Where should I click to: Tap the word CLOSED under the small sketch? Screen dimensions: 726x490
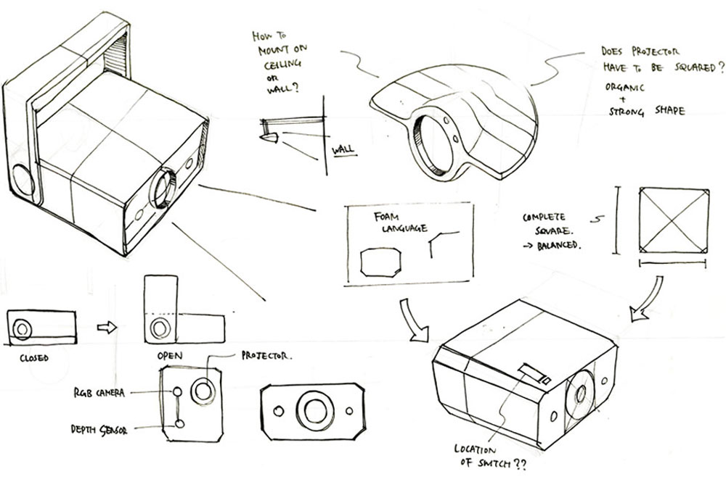click(34, 358)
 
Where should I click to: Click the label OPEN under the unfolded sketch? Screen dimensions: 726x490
click(169, 355)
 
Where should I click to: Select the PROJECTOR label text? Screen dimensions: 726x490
click(266, 355)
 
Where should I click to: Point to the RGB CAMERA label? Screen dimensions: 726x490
click(99, 393)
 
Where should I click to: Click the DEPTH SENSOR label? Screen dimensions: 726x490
click(99, 429)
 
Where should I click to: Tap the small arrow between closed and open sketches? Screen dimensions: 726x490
click(107, 328)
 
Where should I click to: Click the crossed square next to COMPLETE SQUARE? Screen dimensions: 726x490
click(674, 220)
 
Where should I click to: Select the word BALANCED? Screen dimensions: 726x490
click(558, 245)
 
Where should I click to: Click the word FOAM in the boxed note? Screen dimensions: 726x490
click(386, 217)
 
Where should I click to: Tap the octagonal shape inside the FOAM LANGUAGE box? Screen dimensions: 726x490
click(380, 262)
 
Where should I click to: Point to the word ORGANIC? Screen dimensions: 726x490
click(624, 87)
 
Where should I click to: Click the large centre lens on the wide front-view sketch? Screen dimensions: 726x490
click(314, 410)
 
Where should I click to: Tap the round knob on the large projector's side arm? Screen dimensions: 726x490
click(23, 180)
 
